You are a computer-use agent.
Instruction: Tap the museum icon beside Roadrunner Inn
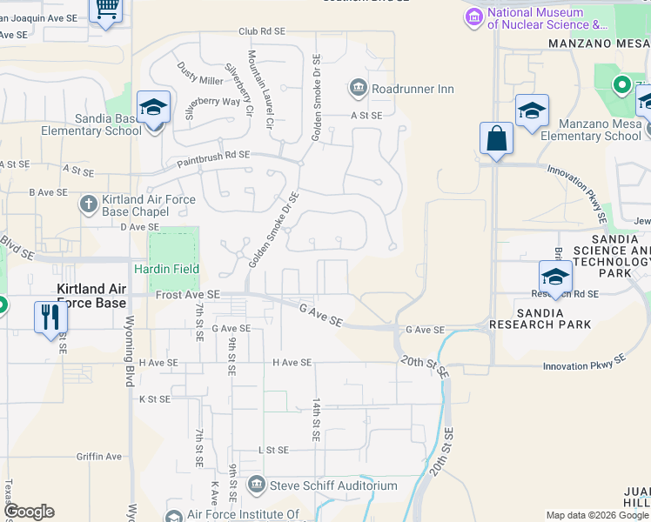358,88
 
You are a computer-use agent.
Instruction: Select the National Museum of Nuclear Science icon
473,17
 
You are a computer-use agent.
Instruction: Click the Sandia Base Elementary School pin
153,110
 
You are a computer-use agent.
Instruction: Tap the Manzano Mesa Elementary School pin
532,112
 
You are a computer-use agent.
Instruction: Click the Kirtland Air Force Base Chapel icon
88,204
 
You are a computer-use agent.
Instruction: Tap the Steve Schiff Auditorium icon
257,485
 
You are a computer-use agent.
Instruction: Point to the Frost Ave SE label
187,296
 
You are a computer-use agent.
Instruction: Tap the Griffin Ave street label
98,456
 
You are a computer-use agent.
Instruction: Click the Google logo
29,512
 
